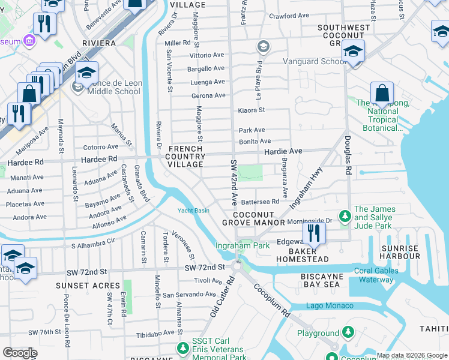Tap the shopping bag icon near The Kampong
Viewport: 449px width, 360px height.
pyautogui.click(x=382, y=94)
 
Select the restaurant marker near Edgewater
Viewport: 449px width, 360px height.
pyautogui.click(x=314, y=232)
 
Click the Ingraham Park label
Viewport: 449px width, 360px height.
pyautogui.click(x=243, y=245)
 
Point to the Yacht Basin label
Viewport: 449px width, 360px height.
pyautogui.click(x=193, y=211)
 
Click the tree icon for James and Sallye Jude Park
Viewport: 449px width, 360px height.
pyautogui.click(x=345, y=215)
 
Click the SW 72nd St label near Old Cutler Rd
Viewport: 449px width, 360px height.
pyautogui.click(x=204, y=267)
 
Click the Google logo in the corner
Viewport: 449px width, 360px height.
pyautogui.click(x=20, y=353)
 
